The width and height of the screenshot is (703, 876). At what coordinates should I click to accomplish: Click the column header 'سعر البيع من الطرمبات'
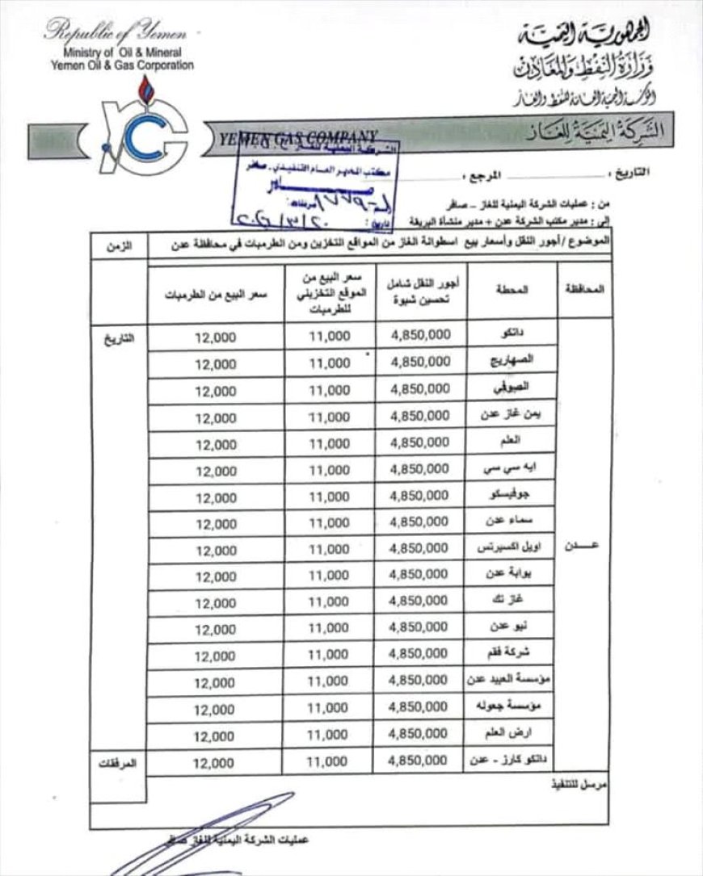[x=215, y=295]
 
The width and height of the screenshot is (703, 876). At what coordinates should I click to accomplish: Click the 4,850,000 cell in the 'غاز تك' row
[x=419, y=601]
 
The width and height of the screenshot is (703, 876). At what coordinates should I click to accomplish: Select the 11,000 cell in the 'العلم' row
[x=329, y=443]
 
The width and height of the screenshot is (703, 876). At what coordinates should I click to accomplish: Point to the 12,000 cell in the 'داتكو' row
[x=214, y=338]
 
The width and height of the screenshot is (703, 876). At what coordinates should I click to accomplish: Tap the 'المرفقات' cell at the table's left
[x=118, y=761]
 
